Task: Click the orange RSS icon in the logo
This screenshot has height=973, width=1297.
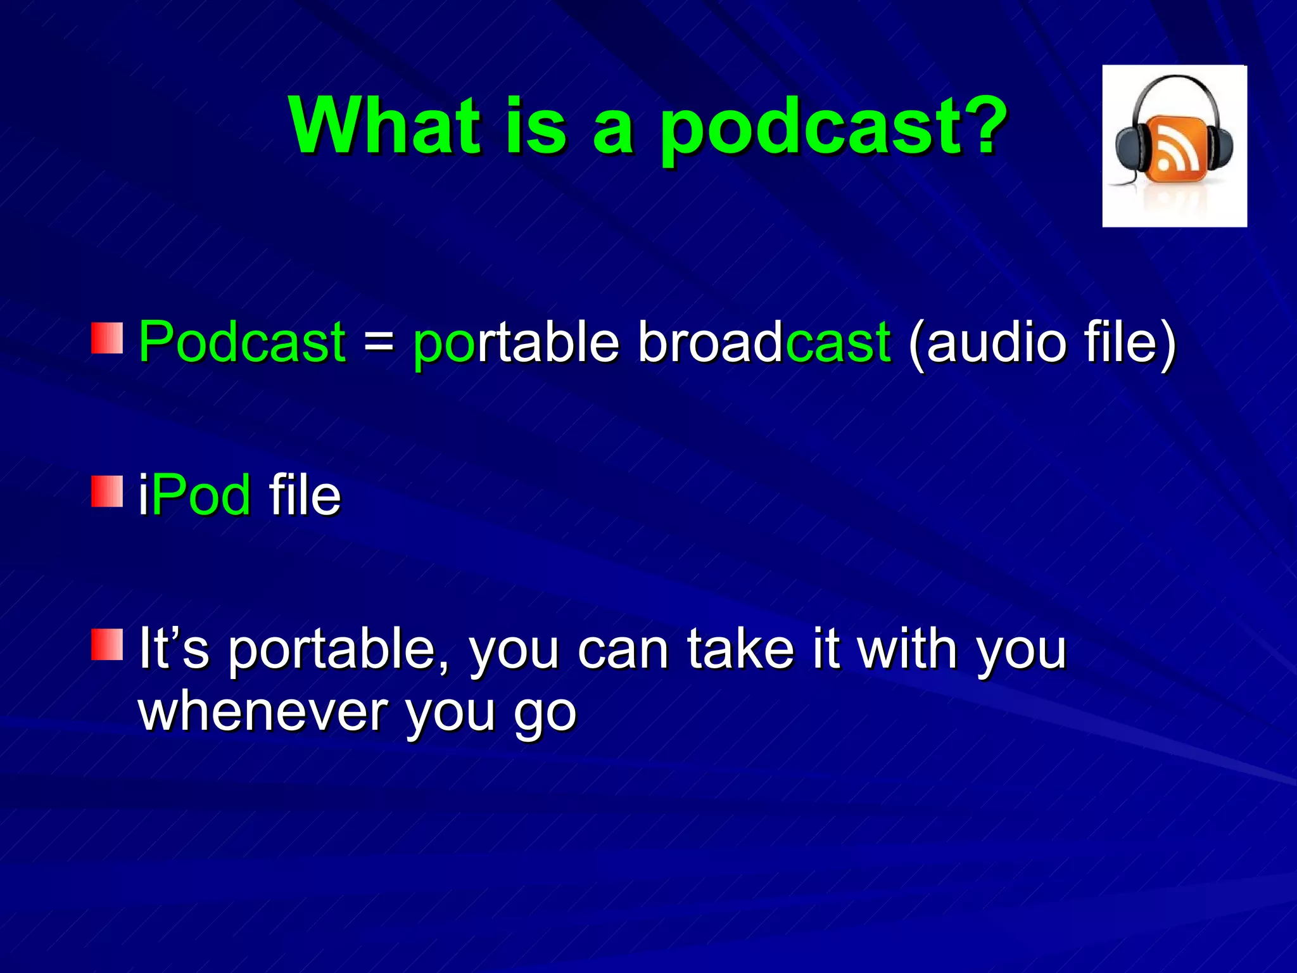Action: click(x=1175, y=147)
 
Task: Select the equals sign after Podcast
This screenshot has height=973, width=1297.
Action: click(x=379, y=343)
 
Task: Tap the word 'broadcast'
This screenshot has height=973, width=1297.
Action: click(x=764, y=342)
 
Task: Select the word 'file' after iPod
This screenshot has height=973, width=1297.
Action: click(x=305, y=495)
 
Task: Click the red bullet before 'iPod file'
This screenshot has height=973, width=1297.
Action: click(x=106, y=492)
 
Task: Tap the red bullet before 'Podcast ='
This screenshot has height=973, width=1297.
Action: click(x=106, y=338)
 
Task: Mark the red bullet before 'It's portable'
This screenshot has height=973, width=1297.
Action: click(x=106, y=645)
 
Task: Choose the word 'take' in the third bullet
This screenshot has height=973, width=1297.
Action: click(x=740, y=649)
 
